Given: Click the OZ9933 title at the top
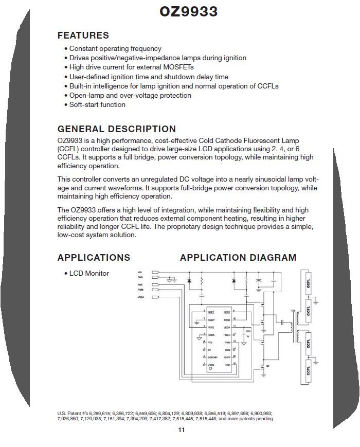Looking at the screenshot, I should click(x=188, y=12).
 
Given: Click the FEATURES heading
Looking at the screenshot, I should click(x=83, y=35).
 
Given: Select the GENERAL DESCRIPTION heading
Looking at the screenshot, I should click(x=117, y=129).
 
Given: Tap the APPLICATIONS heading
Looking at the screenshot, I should click(x=94, y=258).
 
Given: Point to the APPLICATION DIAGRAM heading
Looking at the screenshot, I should click(x=238, y=258).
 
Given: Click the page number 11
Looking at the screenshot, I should click(x=181, y=430).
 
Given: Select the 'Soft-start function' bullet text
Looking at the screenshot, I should click(x=97, y=105).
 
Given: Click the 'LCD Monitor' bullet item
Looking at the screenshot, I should click(x=89, y=273).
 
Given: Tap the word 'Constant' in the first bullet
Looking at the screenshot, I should click(x=84, y=49).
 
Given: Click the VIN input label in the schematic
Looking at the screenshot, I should click(x=139, y=272).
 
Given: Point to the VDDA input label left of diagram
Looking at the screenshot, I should click(x=140, y=297).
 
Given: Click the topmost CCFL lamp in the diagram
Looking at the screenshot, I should click(x=308, y=282).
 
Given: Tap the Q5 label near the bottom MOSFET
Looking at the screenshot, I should click(x=267, y=366).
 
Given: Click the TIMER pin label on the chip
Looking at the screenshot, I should click(x=227, y=335).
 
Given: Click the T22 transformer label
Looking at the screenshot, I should click(x=293, y=311).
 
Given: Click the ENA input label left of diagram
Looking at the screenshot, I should click(x=139, y=284).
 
